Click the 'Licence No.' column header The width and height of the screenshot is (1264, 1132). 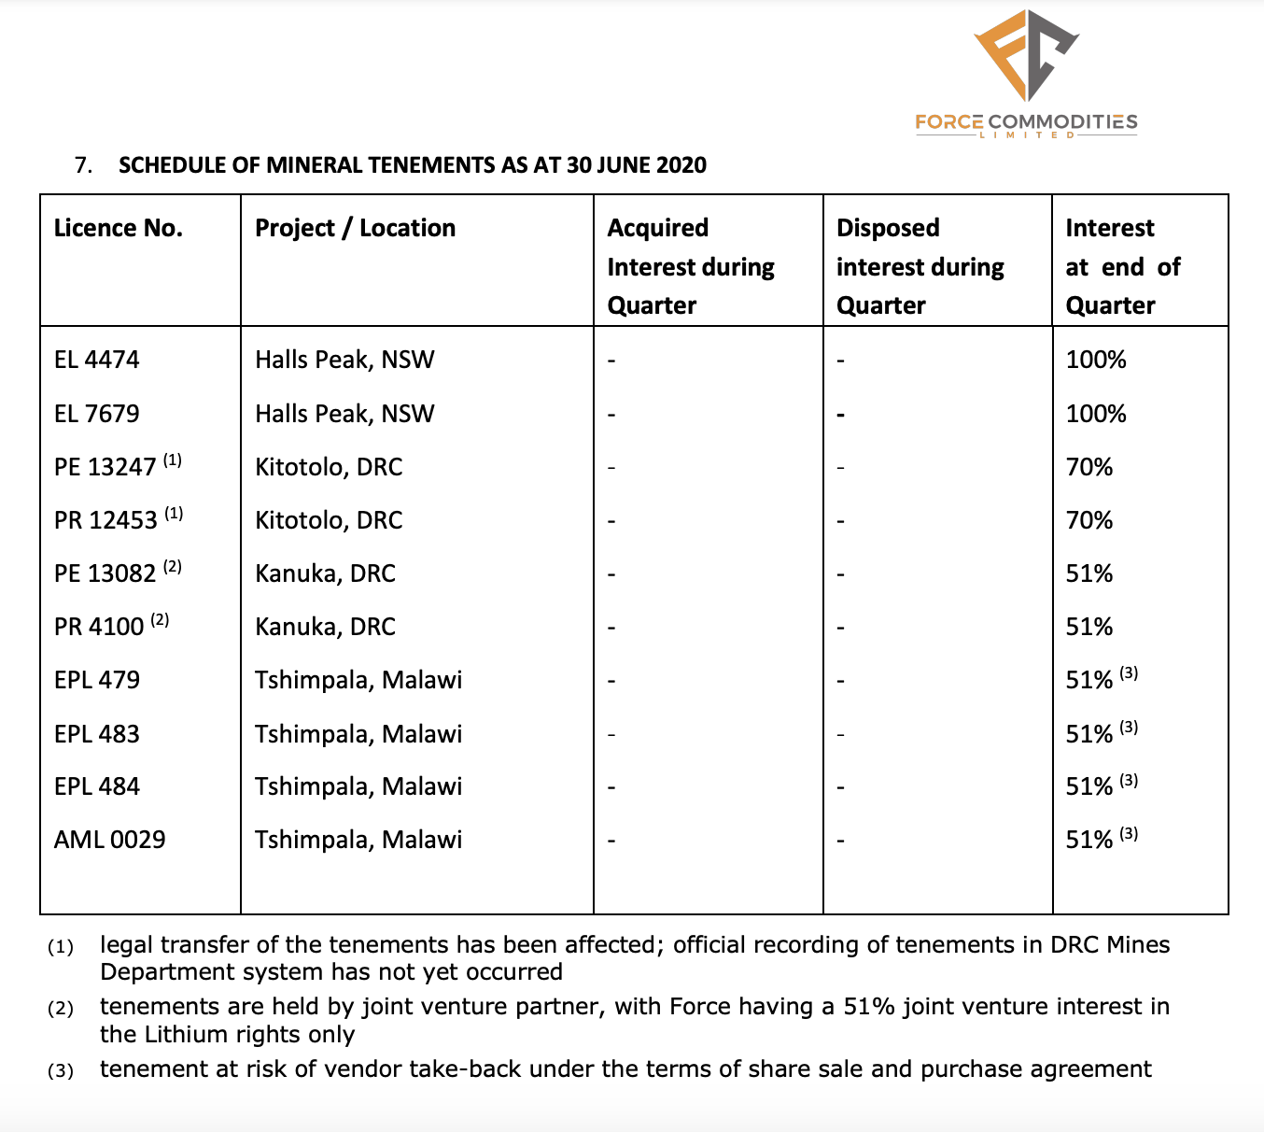pyautogui.click(x=119, y=228)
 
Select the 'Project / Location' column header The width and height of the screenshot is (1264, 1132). pyautogui.click(x=355, y=228)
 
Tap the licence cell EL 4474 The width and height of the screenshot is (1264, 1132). pyautogui.click(x=97, y=360)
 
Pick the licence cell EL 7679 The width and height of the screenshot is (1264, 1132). pyautogui.click(x=97, y=414)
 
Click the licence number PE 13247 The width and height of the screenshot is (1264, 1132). pyautogui.click(x=105, y=467)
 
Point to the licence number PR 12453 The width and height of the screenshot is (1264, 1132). pyautogui.click(x=105, y=520)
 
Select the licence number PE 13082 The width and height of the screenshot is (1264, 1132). pyautogui.click(x=105, y=573)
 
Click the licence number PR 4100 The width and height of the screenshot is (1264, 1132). pyautogui.click(x=99, y=627)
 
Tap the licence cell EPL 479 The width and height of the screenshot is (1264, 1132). pyautogui.click(x=97, y=680)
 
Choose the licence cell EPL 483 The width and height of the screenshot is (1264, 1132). pyautogui.click(x=97, y=734)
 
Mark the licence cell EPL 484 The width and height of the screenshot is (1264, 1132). pyautogui.click(x=97, y=786)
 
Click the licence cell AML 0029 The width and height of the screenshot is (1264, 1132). pyautogui.click(x=110, y=840)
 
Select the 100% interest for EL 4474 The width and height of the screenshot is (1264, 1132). pyautogui.click(x=1096, y=360)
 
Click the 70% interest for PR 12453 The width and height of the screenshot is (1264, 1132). pyautogui.click(x=1089, y=520)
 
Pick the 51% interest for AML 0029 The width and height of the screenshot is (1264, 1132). pyautogui.click(x=1089, y=840)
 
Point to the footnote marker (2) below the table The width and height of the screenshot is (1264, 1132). pyautogui.click(x=61, y=1009)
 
